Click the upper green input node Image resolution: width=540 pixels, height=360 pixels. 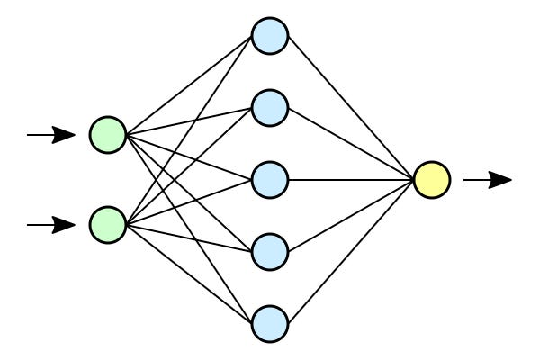(108, 136)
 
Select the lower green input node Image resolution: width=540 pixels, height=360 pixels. (108, 224)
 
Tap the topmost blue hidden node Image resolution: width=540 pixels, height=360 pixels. (269, 36)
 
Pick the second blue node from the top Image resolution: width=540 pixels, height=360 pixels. (269, 108)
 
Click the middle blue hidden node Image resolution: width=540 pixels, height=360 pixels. (269, 179)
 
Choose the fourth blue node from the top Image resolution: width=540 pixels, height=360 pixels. (269, 251)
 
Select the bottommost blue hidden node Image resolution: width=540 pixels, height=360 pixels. (269, 322)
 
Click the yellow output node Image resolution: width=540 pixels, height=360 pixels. (432, 180)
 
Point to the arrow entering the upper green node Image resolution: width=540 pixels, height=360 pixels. (51, 136)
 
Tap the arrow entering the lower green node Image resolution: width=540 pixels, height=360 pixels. (51, 224)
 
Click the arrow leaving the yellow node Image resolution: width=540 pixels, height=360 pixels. (488, 180)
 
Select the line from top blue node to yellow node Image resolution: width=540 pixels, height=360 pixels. (351, 108)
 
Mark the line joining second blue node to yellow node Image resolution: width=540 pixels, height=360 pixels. (351, 144)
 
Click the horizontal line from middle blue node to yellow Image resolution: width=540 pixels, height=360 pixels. (351, 180)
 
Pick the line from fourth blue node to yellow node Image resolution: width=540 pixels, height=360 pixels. (351, 216)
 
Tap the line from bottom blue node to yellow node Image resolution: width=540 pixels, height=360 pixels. (351, 251)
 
